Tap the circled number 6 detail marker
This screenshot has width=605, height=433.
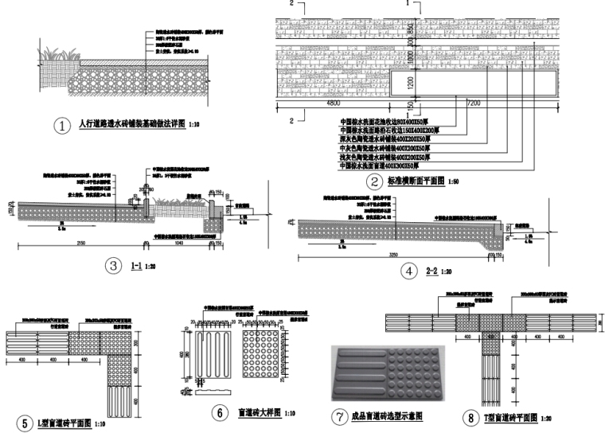pyautogui.click(x=218, y=412)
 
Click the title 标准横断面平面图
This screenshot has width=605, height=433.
pyautogui.click(x=419, y=181)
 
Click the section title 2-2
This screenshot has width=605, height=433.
pyautogui.click(x=431, y=271)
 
